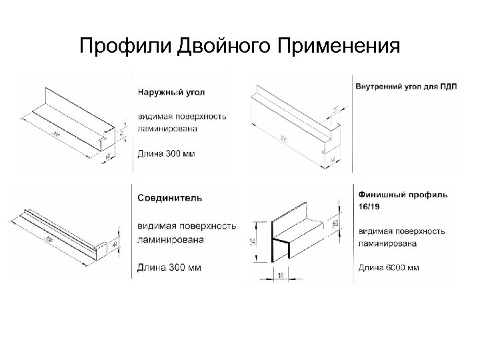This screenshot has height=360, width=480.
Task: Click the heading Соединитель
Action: point(171,198)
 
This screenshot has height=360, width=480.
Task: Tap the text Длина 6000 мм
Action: point(390,268)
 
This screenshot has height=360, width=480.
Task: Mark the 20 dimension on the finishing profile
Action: point(335,223)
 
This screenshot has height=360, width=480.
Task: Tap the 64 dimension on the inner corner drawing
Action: point(332,160)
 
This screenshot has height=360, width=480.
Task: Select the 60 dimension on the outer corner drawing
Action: point(110,158)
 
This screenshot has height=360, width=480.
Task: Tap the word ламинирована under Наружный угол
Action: point(167,127)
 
